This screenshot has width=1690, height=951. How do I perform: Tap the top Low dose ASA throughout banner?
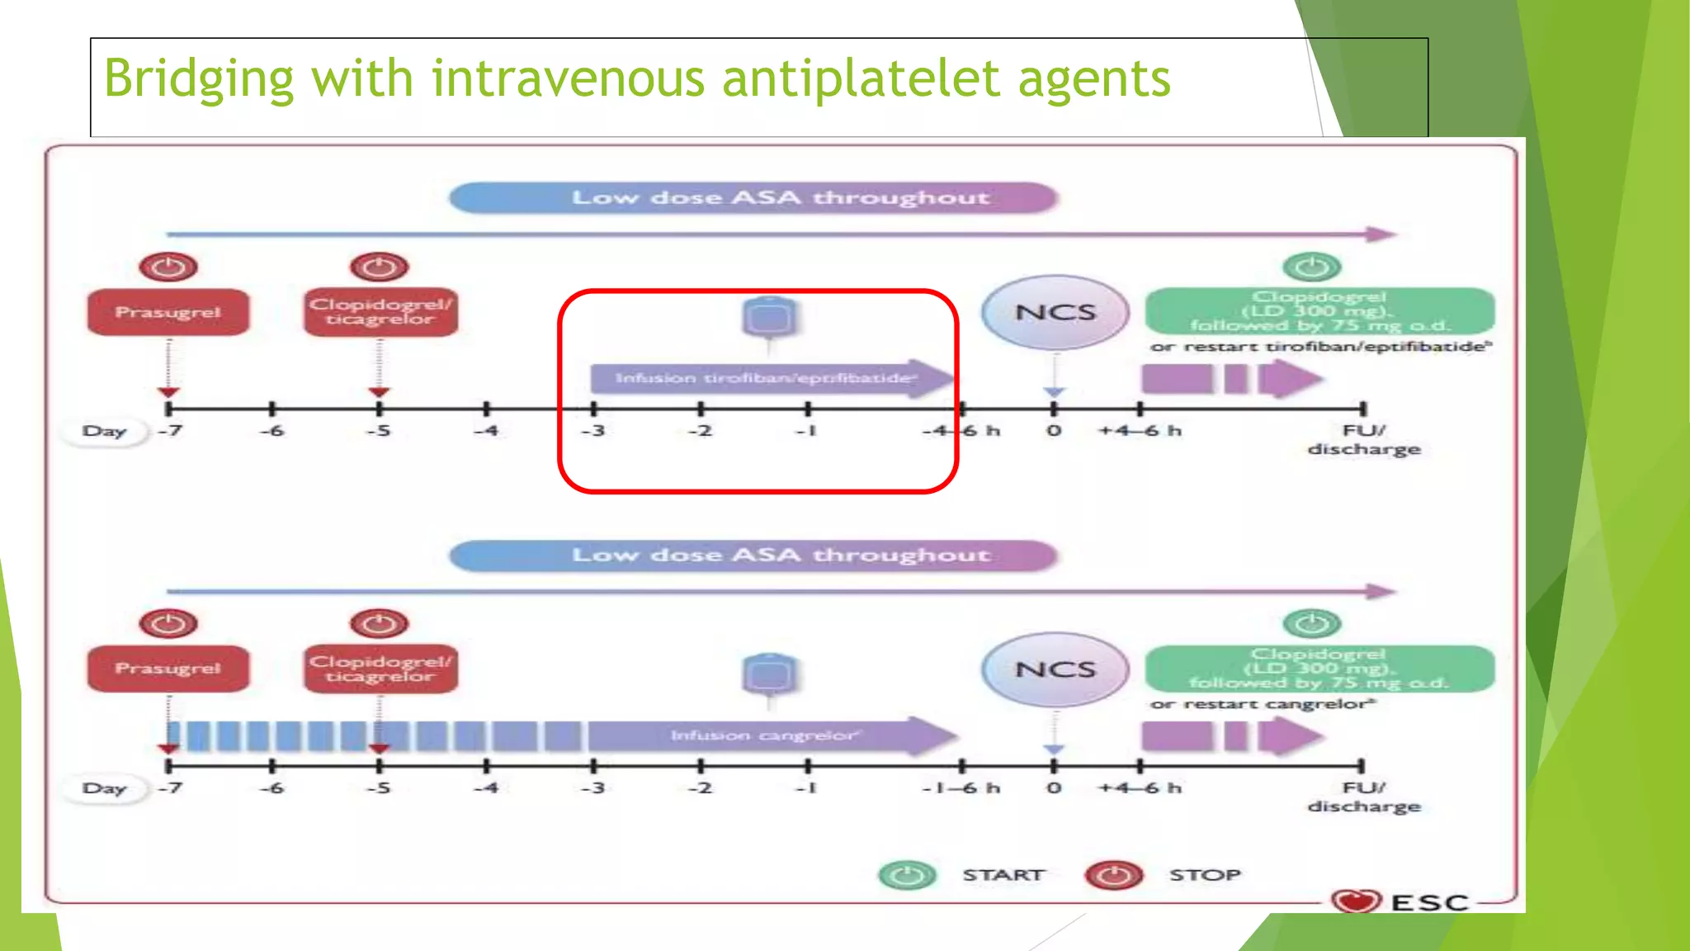753,198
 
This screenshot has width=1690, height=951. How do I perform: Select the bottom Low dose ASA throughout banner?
753,555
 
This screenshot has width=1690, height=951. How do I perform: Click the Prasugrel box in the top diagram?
168,312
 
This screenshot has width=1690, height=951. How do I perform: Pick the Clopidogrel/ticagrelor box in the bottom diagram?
380,669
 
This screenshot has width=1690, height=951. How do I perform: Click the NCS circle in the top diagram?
1055,312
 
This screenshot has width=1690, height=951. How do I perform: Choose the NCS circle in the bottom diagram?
1055,669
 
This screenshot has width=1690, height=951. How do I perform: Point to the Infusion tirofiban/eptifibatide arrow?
767,378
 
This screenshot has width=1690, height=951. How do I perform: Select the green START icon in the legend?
907,875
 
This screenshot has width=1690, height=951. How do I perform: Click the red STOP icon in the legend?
1114,875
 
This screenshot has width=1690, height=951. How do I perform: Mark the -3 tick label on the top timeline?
593,431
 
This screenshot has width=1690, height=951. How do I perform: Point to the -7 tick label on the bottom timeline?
170,788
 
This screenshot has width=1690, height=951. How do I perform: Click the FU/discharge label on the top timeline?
1363,440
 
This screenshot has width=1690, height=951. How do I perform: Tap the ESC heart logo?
1356,901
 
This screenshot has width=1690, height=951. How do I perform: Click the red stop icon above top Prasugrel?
168,267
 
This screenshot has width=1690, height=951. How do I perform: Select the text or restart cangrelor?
1263,704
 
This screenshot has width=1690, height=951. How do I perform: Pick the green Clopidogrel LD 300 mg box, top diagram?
1319,311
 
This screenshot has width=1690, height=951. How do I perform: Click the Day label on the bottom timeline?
105,788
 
